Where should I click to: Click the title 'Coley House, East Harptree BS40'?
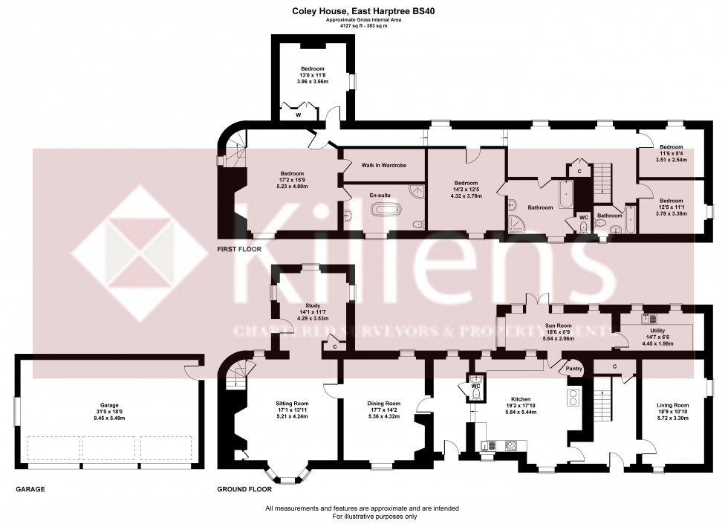pos(363,11)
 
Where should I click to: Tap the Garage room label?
pos(110,406)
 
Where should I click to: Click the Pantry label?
pos(573,369)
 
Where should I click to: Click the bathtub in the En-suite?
pos(386,210)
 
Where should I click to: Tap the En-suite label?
pos(380,195)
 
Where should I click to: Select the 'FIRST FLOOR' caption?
pos(238,250)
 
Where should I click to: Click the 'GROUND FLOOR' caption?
pos(244,490)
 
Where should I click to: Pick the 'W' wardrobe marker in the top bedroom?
pos(297,115)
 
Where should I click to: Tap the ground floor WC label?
pos(475,386)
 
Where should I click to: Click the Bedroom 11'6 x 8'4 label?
pos(671,147)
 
